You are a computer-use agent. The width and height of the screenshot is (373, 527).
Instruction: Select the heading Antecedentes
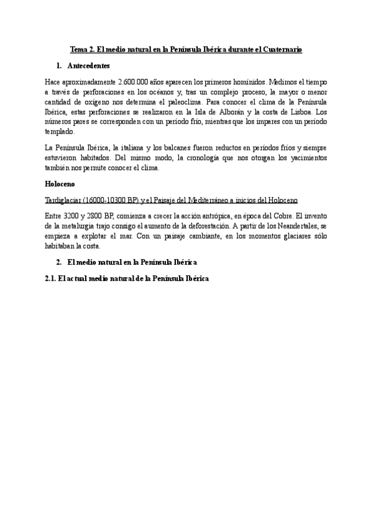pyautogui.click(x=88, y=65)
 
